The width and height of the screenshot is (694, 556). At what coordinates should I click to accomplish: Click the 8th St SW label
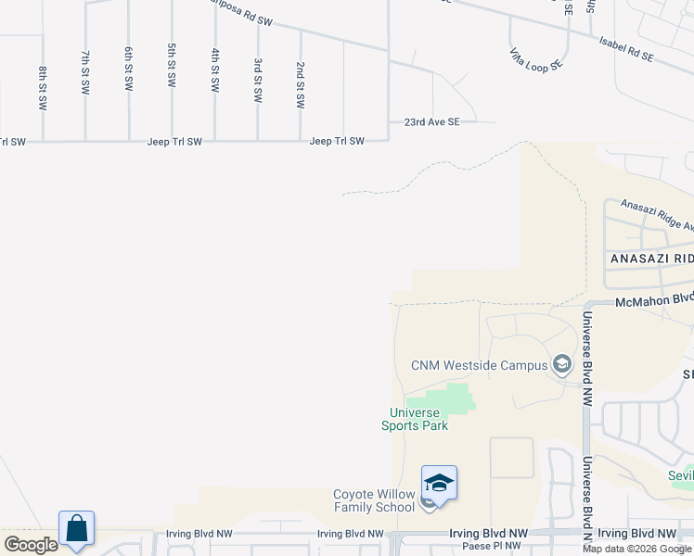click(43, 89)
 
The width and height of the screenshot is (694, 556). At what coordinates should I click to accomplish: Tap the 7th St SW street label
click(85, 71)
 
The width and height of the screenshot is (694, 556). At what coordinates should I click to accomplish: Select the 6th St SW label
click(128, 69)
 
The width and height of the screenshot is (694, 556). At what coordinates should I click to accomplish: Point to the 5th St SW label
click(172, 65)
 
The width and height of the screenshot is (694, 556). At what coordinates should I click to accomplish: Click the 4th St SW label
click(215, 69)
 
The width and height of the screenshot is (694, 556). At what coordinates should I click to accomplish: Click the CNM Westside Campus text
click(480, 365)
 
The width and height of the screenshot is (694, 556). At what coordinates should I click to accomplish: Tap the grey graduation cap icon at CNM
click(561, 364)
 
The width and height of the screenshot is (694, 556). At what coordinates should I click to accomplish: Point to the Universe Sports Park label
click(418, 419)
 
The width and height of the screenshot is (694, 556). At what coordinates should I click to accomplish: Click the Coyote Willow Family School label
click(374, 500)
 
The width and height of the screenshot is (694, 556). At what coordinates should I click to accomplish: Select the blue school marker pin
click(439, 484)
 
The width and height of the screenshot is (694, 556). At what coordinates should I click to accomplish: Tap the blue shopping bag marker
click(76, 529)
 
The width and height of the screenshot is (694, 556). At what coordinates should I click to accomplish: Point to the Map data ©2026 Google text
click(636, 549)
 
